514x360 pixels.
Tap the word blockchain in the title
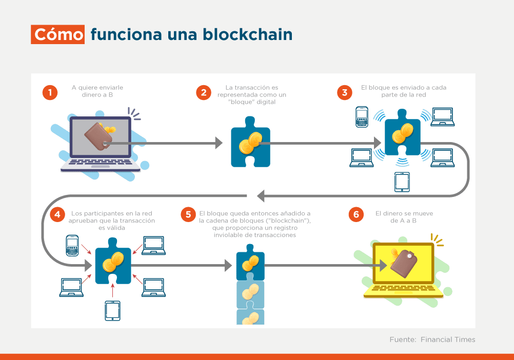[247, 34]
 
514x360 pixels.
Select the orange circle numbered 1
[50, 93]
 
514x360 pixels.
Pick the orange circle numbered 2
[204, 93]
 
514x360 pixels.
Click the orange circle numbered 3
[345, 93]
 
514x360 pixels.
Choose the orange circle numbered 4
[57, 214]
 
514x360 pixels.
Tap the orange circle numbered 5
[188, 214]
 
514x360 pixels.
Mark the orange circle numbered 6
[356, 214]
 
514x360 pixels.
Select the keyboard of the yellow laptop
[403, 290]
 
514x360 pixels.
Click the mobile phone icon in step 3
[362, 116]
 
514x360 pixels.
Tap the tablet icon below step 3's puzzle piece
[402, 182]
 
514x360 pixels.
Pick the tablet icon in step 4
[112, 311]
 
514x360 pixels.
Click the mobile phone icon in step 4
[72, 245]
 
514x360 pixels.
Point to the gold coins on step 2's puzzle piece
[250, 143]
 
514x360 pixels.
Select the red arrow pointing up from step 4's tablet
[112, 291]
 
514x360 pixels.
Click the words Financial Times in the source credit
[448, 339]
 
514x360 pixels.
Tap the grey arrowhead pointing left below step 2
[261, 196]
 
